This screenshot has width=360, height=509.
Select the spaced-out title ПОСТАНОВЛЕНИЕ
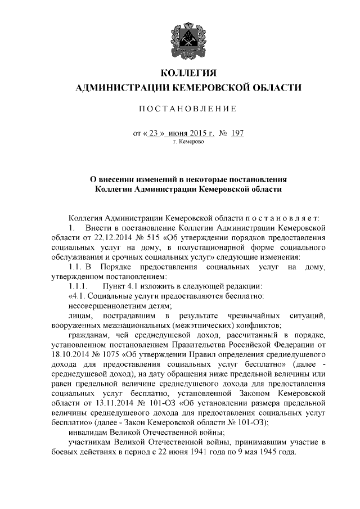(188, 108)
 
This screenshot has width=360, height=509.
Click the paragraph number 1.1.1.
(78, 286)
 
